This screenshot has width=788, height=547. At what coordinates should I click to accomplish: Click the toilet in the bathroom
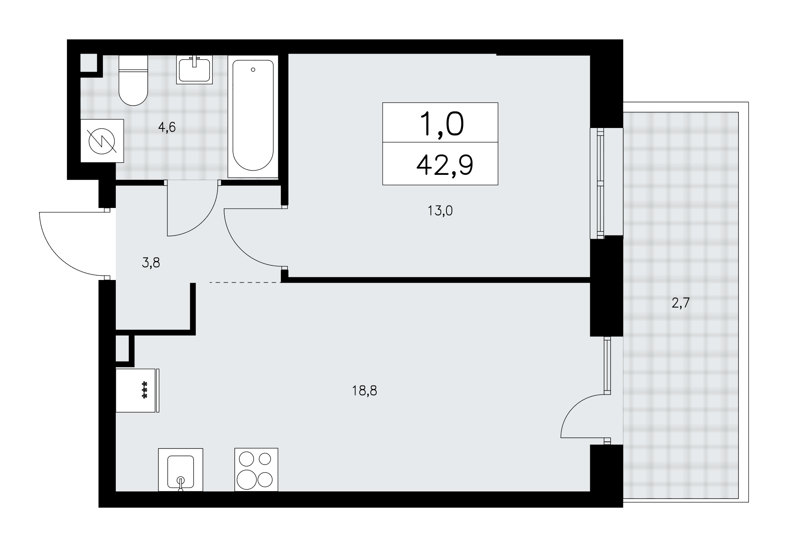(133, 80)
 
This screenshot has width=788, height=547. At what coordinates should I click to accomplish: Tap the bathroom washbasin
(195, 69)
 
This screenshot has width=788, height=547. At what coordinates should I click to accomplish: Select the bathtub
(253, 117)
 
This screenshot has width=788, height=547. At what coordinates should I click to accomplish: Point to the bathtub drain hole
(253, 70)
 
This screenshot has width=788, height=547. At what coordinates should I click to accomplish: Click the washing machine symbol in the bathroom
(102, 141)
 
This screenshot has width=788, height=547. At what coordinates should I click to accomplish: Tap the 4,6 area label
(167, 128)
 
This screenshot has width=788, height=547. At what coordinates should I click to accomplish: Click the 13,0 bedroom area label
(440, 211)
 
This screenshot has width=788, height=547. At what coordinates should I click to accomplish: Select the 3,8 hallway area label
(151, 263)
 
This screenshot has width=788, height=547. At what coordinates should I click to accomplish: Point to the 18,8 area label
(364, 391)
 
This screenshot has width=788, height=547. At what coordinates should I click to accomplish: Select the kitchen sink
(180, 470)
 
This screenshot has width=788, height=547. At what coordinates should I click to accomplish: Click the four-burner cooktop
(256, 470)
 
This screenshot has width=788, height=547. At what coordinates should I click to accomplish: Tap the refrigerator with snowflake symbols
(138, 390)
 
